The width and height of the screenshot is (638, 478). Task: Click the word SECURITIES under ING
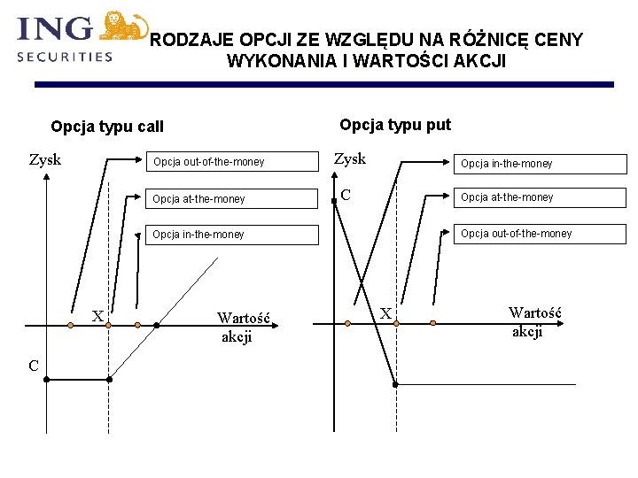[x=65, y=56]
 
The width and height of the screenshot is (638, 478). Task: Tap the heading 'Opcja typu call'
[x=107, y=127]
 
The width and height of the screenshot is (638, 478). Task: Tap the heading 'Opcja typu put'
[x=395, y=125]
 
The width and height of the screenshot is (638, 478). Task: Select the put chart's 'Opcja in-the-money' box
[x=540, y=163]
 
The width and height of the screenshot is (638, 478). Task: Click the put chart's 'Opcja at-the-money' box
[x=540, y=197]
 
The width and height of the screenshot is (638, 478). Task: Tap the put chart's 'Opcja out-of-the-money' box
[x=540, y=234]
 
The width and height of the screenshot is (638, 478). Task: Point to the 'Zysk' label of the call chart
[x=45, y=160]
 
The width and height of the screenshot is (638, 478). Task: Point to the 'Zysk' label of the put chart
[x=349, y=159]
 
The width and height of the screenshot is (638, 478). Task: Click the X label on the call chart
[x=97, y=317]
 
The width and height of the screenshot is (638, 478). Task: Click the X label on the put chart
[x=385, y=312]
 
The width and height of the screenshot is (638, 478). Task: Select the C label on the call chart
[x=32, y=366]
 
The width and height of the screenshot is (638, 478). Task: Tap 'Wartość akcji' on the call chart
[x=242, y=327]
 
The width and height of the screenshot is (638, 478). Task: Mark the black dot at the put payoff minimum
[x=395, y=384]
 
